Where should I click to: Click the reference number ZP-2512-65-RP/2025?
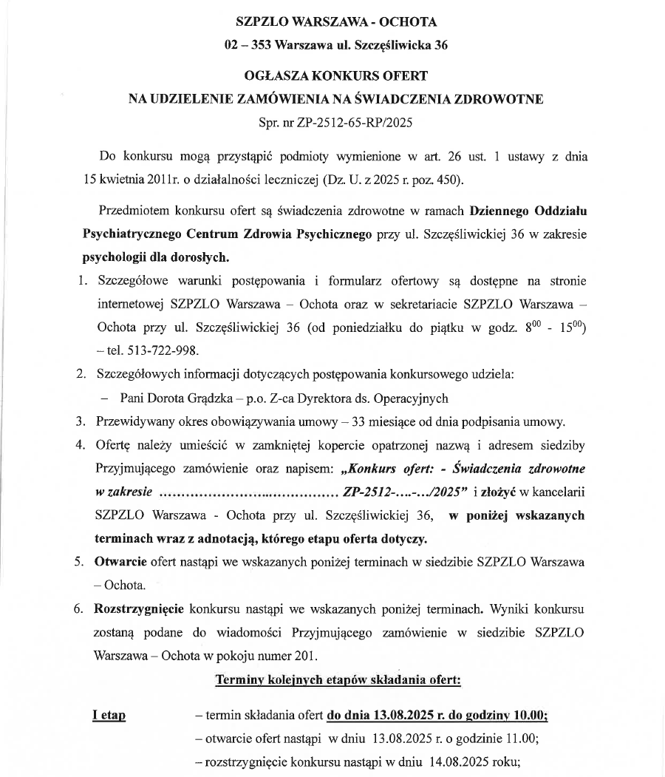tap(355, 122)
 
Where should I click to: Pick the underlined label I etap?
tap(109, 715)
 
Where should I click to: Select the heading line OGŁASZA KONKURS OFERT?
tap(336, 76)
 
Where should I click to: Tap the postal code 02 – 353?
tap(247, 45)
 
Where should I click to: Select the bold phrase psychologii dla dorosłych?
tap(156, 258)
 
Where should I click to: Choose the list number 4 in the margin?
tap(80, 445)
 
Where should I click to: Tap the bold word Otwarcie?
tap(120, 561)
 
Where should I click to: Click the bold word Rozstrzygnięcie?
tap(140, 610)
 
